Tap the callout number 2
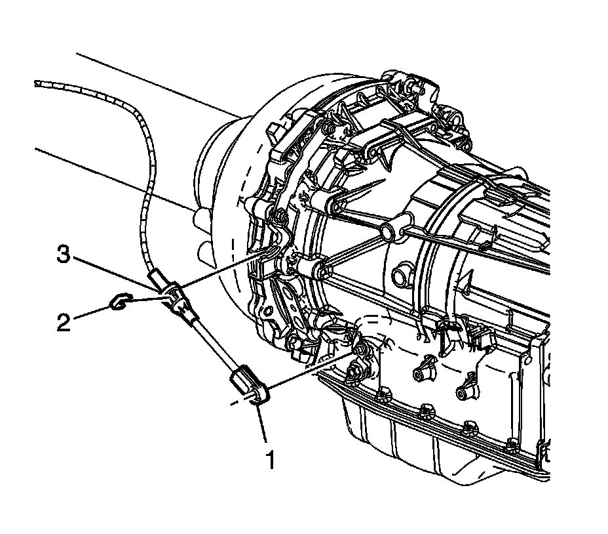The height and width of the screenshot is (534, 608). coord(64,323)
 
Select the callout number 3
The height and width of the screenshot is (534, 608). coord(63,254)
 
